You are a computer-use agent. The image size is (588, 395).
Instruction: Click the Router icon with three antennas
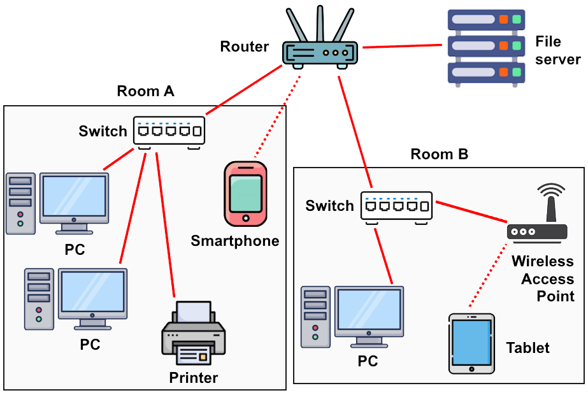coord(320,51)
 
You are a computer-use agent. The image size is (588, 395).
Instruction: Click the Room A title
coord(145,92)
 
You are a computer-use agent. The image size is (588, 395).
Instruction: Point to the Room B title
coord(439,154)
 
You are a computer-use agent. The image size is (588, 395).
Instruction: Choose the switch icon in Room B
coord(396,206)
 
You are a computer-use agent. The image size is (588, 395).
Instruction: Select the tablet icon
coord(471,343)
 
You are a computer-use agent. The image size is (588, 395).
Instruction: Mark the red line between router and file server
coord(401,46)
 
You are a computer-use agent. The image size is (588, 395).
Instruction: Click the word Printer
coord(193,378)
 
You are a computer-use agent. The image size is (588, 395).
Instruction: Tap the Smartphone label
coord(235,241)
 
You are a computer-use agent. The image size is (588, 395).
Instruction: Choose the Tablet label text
coord(527,348)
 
